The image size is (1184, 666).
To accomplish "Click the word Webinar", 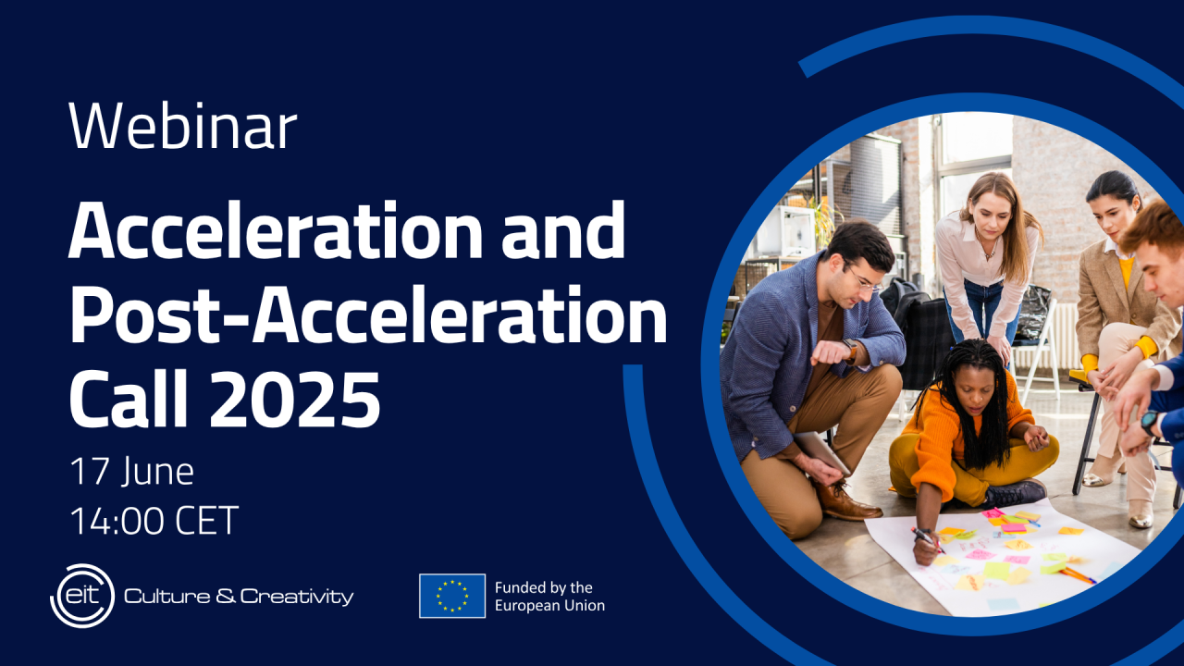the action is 183,126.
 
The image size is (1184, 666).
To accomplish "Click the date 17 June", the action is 131,472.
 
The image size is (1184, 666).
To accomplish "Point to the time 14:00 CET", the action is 154,521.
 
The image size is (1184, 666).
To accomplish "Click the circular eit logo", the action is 82,596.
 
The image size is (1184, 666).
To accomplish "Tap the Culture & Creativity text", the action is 239,597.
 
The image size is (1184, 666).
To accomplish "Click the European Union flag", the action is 452,596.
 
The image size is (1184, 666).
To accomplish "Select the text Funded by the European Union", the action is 549,597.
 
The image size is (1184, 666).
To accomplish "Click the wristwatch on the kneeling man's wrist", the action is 850,350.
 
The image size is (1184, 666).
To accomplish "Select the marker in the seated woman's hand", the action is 927,539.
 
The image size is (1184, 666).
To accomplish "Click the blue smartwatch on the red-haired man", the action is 1149,423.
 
